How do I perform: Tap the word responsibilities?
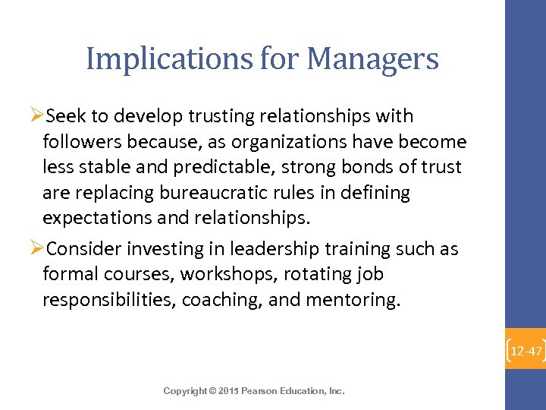[x=109, y=300]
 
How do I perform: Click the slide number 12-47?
[x=526, y=352]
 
